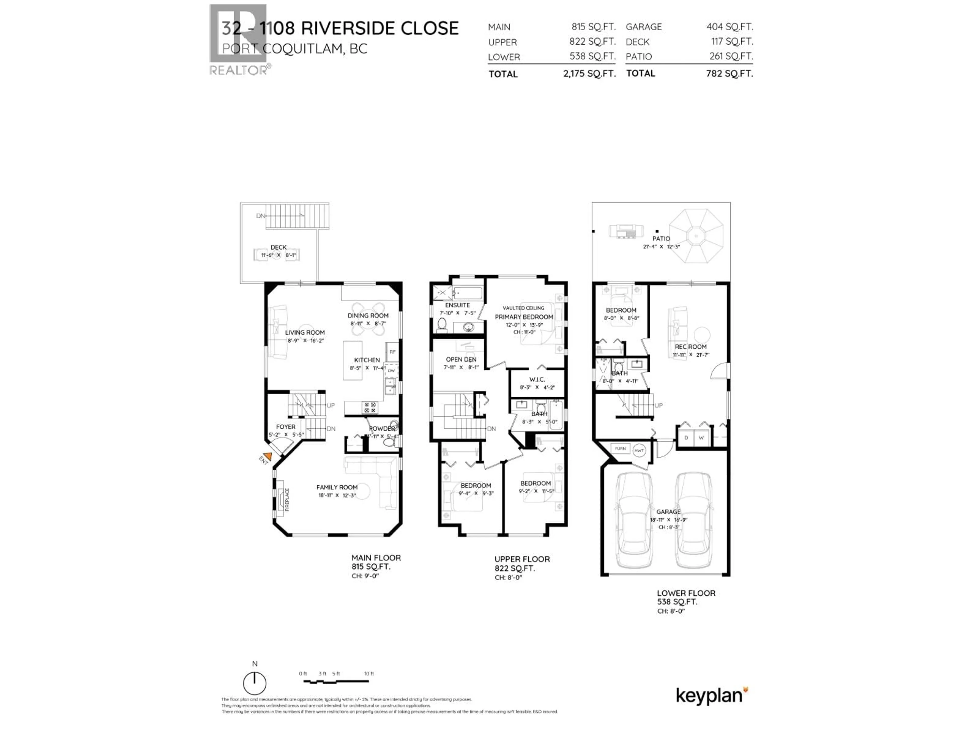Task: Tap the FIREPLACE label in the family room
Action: (x=287, y=500)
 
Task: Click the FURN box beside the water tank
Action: (x=620, y=449)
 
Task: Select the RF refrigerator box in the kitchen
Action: (x=392, y=352)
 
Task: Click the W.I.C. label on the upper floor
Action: (x=537, y=379)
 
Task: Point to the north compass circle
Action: (x=254, y=683)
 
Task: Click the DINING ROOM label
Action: (x=368, y=316)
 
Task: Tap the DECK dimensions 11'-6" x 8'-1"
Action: (x=278, y=255)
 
